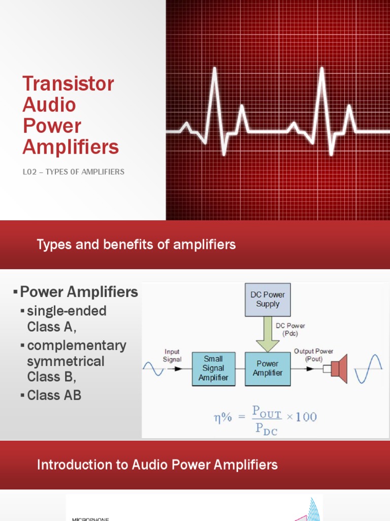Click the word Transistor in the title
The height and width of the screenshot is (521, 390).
point(68,83)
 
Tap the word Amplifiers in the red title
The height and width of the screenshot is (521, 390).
point(71,147)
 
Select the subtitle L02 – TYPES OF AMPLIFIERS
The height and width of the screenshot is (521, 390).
point(73,172)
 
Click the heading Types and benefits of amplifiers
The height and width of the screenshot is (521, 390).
point(136,245)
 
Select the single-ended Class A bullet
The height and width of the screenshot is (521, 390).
point(66,319)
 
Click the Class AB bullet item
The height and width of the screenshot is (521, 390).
point(54,395)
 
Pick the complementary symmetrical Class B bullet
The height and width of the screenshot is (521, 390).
point(76,361)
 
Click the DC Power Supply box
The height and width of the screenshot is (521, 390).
point(268,300)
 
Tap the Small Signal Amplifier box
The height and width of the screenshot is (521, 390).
point(213,368)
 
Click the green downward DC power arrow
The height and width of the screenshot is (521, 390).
point(268,334)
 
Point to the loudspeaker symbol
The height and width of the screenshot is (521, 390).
point(338,369)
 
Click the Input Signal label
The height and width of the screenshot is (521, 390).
point(172,356)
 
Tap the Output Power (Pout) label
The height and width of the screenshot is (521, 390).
point(314,355)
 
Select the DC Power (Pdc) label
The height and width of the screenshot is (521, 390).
point(290,329)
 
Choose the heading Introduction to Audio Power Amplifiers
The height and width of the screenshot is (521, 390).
point(157,465)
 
